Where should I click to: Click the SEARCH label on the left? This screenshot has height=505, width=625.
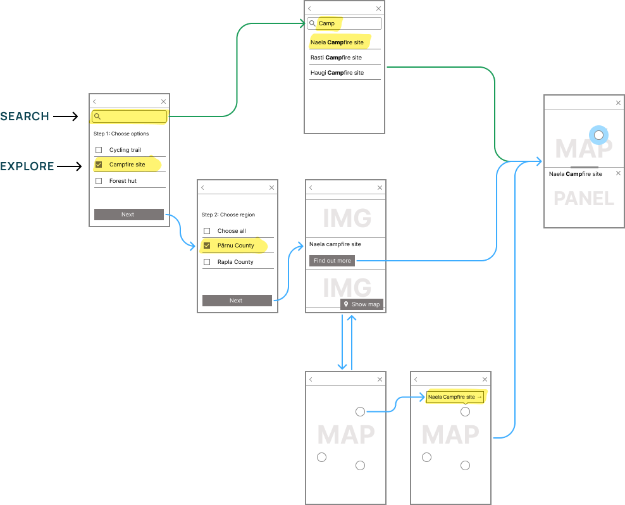coord(25,116)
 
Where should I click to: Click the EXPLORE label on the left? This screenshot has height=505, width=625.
coord(27,166)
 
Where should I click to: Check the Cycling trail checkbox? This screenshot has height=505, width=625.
coord(99,150)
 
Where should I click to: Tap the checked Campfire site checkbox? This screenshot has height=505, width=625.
coord(99,165)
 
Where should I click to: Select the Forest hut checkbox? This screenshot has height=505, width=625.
coord(99,181)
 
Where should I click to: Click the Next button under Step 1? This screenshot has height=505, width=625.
coord(128,215)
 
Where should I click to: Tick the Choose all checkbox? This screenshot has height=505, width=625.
coord(207,231)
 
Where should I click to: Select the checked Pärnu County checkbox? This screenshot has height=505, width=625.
coord(207,246)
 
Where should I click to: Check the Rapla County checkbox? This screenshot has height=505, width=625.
coord(207,262)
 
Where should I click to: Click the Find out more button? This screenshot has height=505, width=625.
coord(332,261)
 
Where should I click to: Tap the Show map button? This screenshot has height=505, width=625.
coord(362,304)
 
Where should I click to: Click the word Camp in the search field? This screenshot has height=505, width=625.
coord(326,23)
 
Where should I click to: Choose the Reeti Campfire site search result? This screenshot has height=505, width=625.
coord(337,58)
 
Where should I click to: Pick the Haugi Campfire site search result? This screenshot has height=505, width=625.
coord(337,73)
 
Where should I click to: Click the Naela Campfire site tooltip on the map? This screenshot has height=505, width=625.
coord(455,397)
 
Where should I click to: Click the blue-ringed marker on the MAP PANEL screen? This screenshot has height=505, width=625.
coord(599,135)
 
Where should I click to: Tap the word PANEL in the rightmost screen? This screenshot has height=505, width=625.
coord(584,199)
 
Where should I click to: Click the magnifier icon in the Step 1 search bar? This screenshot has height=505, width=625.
coord(97,116)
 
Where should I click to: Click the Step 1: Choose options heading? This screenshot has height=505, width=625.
coord(121,134)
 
